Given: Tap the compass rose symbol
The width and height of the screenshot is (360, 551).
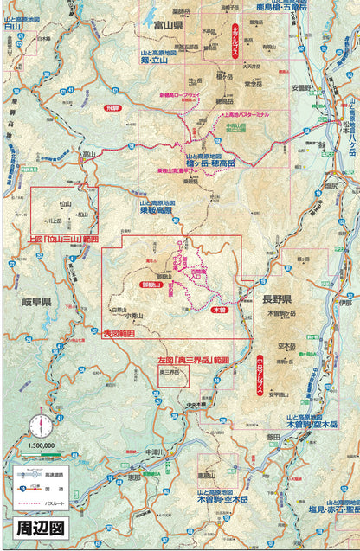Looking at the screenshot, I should (38, 426).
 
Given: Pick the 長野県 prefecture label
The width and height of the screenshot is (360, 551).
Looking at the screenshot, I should (276, 299).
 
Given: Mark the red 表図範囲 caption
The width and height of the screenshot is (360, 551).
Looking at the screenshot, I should (119, 332).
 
